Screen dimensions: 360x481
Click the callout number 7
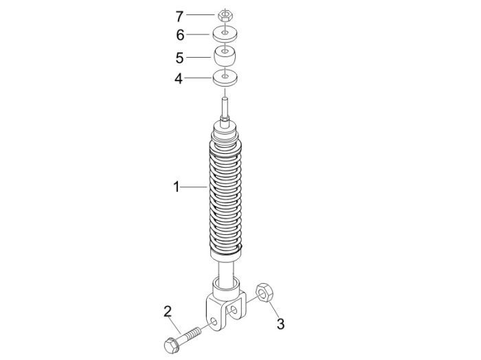point(179,14)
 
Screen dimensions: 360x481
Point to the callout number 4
point(179,78)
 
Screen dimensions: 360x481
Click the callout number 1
point(176,186)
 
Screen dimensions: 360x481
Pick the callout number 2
point(167,311)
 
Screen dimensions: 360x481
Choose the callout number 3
point(280,322)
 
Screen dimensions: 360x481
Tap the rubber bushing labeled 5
point(224,54)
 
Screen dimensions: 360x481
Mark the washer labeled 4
point(224,77)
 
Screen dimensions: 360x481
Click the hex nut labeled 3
point(264,293)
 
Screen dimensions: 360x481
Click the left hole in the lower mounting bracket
point(219,321)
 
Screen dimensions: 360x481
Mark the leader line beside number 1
point(194,186)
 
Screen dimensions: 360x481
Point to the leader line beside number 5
point(199,56)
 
